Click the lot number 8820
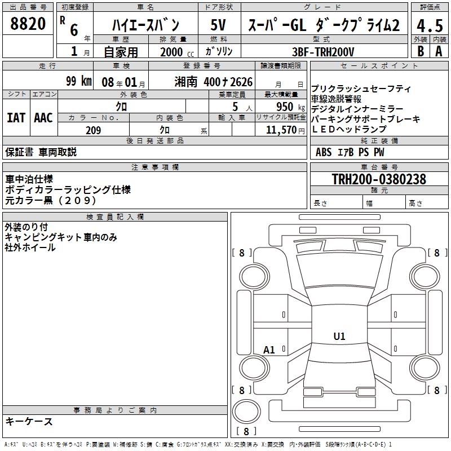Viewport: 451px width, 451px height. pos(28,24)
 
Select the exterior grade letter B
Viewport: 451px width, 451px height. pos(421,51)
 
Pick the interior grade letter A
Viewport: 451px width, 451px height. pos(439,51)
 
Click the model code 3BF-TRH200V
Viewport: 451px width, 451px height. pos(324,51)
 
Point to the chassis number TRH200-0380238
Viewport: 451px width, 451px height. pos(379,179)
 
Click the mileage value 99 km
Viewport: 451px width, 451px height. pos(78,81)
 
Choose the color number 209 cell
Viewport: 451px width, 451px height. pos(94,130)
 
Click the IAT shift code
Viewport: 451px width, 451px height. pos(16,118)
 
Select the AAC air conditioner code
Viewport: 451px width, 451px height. pos(43,118)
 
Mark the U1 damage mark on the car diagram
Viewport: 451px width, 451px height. pos(339,337)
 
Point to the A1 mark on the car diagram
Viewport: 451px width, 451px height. pos(269,350)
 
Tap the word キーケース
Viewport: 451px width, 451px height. pos(29,421)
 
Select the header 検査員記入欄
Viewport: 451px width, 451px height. pos(115,217)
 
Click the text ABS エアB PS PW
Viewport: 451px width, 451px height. pos(350,152)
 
